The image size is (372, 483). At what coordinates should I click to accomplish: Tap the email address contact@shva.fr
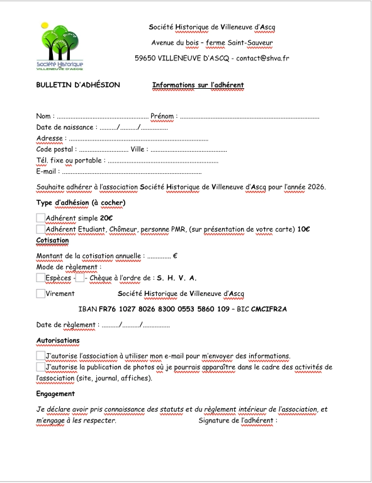pyautogui.click(x=262, y=58)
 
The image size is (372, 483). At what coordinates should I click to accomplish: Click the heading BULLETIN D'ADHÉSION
pyautogui.click(x=77, y=85)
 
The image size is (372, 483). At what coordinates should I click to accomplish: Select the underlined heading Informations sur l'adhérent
pyautogui.click(x=198, y=85)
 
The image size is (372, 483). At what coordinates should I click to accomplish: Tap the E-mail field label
pyautogui.click(x=47, y=171)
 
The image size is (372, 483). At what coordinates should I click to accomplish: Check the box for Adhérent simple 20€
pyautogui.click(x=41, y=217)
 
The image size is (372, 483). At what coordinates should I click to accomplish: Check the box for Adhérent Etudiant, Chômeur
pyautogui.click(x=41, y=229)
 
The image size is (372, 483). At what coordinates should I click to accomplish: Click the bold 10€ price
pyautogui.click(x=303, y=229)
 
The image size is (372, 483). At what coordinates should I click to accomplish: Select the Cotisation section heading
pyautogui.click(x=52, y=241)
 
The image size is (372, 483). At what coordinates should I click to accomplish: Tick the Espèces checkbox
pyautogui.click(x=41, y=278)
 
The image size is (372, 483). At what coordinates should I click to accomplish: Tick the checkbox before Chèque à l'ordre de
pyautogui.click(x=79, y=278)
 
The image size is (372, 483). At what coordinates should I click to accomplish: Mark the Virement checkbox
pyautogui.click(x=41, y=293)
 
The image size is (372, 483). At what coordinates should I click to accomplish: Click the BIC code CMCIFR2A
pyautogui.click(x=269, y=309)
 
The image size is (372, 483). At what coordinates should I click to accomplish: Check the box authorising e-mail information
pyautogui.click(x=41, y=356)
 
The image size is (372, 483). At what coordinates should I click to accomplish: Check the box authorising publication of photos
pyautogui.click(x=41, y=367)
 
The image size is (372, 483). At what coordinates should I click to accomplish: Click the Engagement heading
pyautogui.click(x=55, y=394)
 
